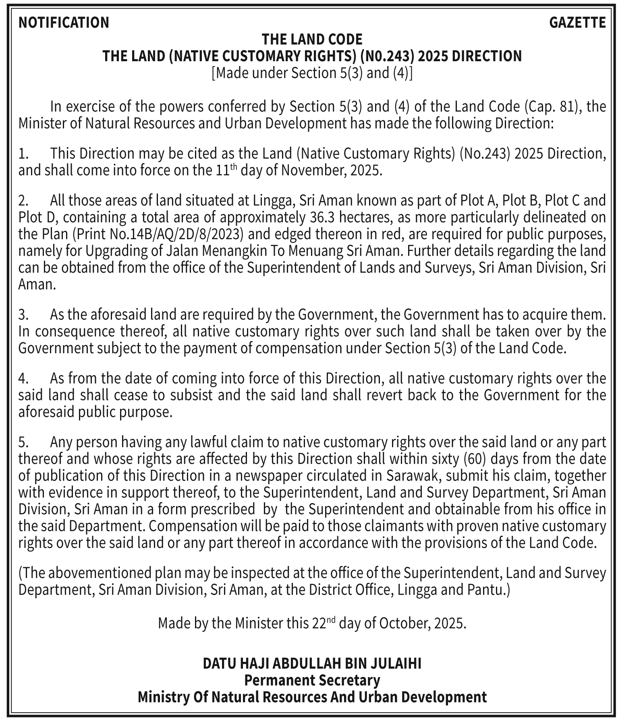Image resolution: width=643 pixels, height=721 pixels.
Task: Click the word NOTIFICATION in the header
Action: pyautogui.click(x=64, y=23)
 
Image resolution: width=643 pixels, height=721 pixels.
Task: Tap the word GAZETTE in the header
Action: pyautogui.click(x=577, y=23)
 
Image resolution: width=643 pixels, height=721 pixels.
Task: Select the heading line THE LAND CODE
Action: pyautogui.click(x=312, y=39)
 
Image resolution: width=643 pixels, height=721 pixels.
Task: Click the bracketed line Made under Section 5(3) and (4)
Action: pyautogui.click(x=312, y=73)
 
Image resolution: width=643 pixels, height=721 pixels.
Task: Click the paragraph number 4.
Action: pyautogui.click(x=23, y=379)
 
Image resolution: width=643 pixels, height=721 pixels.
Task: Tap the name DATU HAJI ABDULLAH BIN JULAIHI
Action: pyautogui.click(x=312, y=663)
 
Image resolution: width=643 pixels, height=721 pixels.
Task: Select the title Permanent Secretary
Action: pyautogui.click(x=312, y=680)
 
